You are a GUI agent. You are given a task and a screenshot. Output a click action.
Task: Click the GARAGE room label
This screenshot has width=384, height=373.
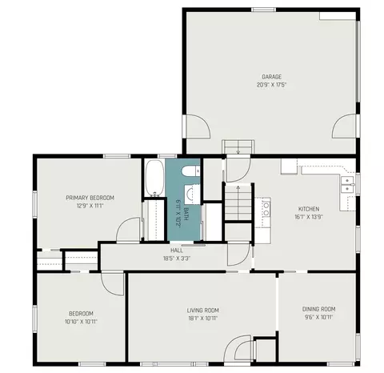[271, 77]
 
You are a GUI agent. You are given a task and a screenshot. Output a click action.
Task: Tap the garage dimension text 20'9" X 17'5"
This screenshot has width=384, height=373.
[271, 85]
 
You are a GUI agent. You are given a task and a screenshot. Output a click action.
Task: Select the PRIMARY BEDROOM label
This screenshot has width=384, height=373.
[90, 198]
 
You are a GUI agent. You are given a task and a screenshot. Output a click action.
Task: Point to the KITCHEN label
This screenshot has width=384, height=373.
[309, 209]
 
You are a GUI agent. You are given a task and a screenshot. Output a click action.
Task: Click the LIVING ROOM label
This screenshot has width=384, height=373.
[203, 311]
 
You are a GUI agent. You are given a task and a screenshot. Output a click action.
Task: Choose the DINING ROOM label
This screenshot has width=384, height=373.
[318, 309]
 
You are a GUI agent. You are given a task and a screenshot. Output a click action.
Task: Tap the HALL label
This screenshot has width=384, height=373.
[177, 251]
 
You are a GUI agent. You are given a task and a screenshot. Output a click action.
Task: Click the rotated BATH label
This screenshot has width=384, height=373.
[186, 214]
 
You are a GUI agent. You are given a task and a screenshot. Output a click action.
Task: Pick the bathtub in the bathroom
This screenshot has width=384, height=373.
[154, 178]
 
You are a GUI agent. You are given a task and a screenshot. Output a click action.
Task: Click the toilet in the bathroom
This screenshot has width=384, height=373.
[190, 170]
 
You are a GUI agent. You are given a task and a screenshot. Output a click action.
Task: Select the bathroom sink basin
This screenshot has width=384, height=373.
[191, 194]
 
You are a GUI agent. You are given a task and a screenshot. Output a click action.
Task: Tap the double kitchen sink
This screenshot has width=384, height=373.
[347, 184]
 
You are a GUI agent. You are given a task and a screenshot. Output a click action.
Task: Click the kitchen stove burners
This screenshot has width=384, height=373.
[266, 209]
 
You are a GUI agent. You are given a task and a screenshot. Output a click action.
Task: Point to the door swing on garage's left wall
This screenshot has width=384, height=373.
[197, 126]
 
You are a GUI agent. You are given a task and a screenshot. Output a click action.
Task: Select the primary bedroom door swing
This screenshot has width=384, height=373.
[128, 230]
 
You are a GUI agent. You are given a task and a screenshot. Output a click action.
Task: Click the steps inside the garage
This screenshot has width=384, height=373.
[238, 146]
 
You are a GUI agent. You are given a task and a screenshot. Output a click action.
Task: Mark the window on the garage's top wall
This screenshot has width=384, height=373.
[263, 10]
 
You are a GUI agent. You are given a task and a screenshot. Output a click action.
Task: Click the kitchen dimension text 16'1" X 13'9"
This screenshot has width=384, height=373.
[309, 217]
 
